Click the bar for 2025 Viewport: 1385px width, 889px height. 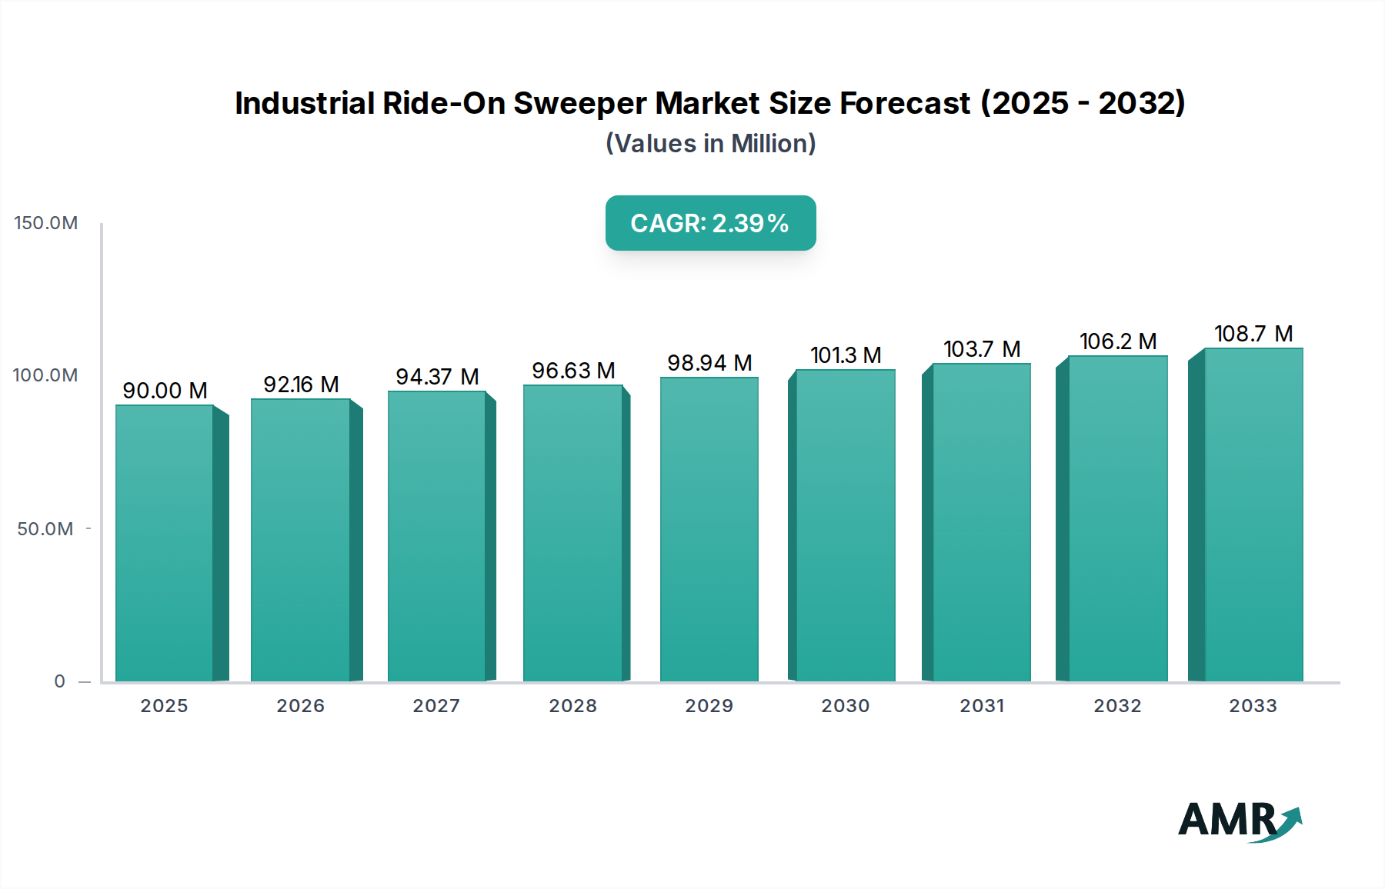pos(165,542)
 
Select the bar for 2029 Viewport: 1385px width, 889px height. pos(709,529)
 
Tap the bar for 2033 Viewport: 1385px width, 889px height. pos(1253,514)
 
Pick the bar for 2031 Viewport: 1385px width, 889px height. pos(981,522)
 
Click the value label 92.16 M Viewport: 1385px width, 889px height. pos(301,384)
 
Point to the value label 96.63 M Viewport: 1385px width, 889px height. pos(573,370)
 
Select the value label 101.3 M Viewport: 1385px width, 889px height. pos(845,355)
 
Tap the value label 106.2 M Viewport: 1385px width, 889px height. pos(1117,341)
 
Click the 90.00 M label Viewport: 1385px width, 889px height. pos(165,390)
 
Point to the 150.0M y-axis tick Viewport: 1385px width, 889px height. pos(46,223)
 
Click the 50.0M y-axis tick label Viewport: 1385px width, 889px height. pos(45,528)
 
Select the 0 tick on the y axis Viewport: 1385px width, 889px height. pos(59,681)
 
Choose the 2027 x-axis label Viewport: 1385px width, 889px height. pos(436,705)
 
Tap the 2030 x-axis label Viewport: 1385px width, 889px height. pos(845,705)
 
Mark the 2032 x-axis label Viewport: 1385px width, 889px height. pos(1117,705)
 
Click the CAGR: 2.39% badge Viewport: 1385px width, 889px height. pos(710,223)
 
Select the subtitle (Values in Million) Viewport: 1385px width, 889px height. pos(710,143)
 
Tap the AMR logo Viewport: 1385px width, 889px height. pos(1238,820)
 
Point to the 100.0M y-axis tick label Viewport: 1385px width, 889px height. pos(45,375)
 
